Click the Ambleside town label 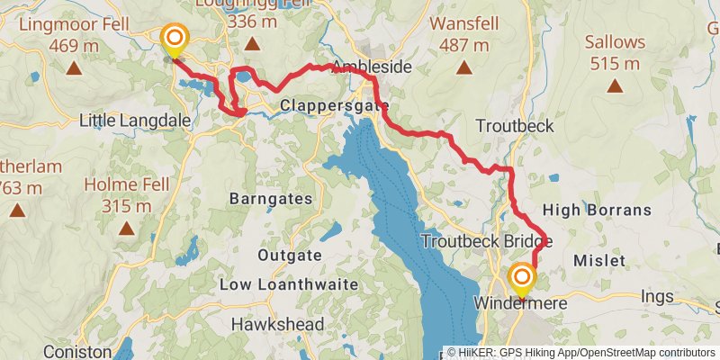point(371,67)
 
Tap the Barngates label point(271,198)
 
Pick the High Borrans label point(597,211)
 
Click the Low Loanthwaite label point(289,284)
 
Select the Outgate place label point(289,256)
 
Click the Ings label point(656,295)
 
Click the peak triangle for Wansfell point(463,67)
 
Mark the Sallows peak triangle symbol point(615,86)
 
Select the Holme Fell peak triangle point(127,229)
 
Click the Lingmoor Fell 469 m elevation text point(75,45)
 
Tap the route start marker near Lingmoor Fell point(174,40)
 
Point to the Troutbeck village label point(515,126)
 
